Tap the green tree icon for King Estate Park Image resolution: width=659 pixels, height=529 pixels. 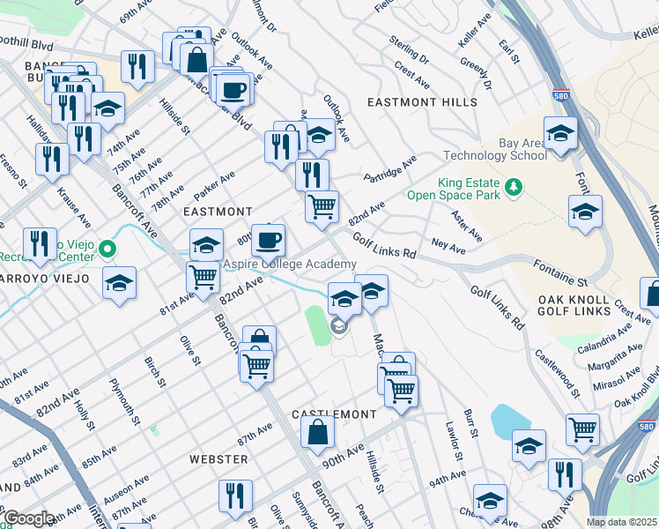511,188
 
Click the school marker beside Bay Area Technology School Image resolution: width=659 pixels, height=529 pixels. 560,135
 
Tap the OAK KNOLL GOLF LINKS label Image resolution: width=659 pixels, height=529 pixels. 574,305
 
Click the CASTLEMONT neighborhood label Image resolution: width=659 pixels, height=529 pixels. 334,414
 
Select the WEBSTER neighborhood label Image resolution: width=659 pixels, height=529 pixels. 218,459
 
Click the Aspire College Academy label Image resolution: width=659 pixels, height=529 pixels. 290,264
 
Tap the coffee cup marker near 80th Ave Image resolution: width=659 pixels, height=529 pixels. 268,239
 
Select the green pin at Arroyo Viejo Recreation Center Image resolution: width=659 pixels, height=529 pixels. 107,250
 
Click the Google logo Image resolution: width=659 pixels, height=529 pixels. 29,518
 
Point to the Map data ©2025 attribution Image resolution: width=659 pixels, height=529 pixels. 621,522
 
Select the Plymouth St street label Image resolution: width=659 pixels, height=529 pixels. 125,399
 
